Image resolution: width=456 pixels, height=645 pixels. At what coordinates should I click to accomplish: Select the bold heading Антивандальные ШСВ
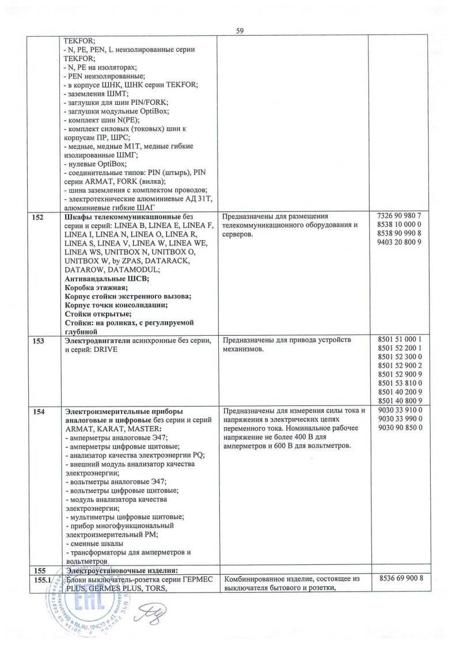click(x=107, y=278)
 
